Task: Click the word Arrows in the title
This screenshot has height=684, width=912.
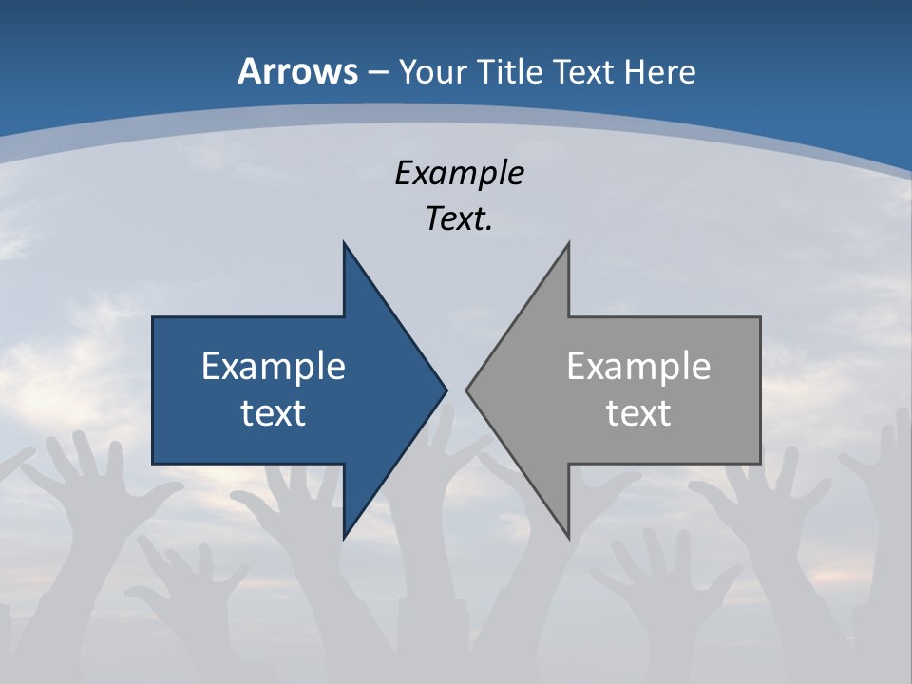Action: [297, 71]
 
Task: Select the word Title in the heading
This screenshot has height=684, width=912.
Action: [507, 71]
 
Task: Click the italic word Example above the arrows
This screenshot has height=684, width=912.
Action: [459, 173]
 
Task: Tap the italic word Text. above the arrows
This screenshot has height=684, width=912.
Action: [459, 219]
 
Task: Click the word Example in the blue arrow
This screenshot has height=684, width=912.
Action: [274, 367]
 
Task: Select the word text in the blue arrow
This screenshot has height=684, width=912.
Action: [274, 413]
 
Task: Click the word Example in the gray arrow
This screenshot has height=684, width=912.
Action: [638, 367]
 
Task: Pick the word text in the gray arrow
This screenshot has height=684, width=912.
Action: [638, 413]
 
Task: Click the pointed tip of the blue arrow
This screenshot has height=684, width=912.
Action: [446, 389]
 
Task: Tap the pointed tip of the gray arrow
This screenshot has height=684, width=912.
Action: [466, 389]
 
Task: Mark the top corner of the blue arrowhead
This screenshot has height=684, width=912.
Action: [344, 242]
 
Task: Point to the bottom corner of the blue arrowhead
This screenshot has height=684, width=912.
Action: [344, 538]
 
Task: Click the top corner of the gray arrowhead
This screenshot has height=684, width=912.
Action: [568, 242]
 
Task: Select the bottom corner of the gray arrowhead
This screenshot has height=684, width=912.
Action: [568, 538]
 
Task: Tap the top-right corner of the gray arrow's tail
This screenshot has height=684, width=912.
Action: [760, 317]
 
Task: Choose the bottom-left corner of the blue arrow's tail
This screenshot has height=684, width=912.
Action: [153, 464]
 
